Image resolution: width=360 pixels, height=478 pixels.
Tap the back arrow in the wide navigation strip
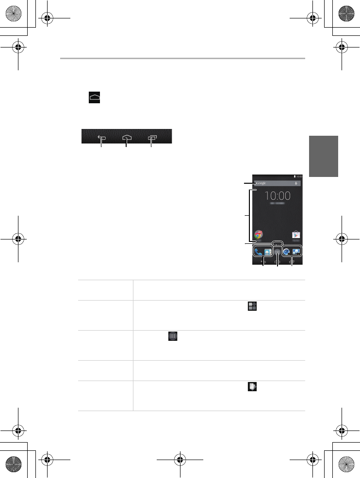[x=101, y=137]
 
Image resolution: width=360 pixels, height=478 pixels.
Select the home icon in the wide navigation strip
[x=126, y=137]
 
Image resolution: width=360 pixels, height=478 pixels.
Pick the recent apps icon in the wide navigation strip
[x=151, y=137]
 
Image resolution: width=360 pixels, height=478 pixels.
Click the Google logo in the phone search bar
[x=262, y=184]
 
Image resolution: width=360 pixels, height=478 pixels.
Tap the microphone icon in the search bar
[x=296, y=184]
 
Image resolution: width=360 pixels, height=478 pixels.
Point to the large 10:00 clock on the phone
[x=277, y=196]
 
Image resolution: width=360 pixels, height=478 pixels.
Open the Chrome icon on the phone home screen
[x=259, y=235]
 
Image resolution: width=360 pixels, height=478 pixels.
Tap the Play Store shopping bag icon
[x=296, y=235]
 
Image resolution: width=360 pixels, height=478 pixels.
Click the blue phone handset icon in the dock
[x=258, y=252]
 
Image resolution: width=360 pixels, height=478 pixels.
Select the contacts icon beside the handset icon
[x=267, y=252]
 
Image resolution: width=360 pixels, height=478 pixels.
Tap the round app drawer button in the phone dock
[x=277, y=252]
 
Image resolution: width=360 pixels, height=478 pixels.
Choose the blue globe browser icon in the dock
[x=286, y=252]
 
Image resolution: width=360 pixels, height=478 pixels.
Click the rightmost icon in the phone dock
[x=296, y=252]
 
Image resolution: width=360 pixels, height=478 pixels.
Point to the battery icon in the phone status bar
[x=294, y=176]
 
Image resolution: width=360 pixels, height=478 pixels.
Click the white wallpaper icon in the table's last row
[x=252, y=387]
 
